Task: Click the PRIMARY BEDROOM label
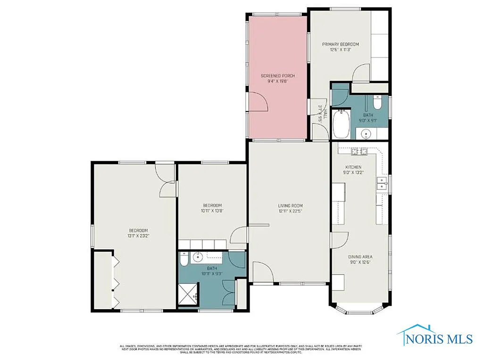coord(340,44)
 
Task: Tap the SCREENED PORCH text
coord(278,75)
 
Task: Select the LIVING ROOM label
coord(290,205)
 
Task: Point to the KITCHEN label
coord(353,167)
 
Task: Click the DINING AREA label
coord(360,257)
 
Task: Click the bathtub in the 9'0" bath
coord(340,124)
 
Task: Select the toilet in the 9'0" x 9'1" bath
coord(377,102)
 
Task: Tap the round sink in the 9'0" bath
coord(367,134)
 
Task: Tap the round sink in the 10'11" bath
coord(199,257)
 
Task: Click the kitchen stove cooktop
coord(359,151)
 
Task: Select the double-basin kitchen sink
coord(381,184)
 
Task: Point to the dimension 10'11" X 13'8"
coord(212,211)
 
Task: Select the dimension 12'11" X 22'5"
coord(290,211)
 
